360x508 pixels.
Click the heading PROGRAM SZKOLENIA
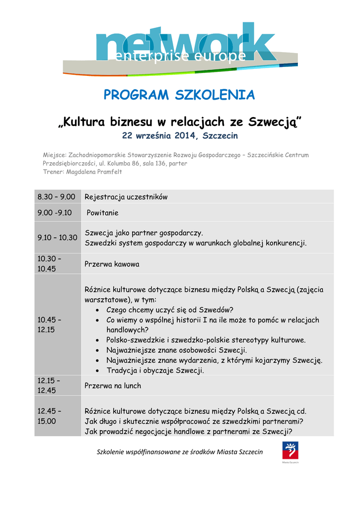pos(179,95)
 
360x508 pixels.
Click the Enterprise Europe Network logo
pos(179,48)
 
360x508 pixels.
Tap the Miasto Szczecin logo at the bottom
pos(290,452)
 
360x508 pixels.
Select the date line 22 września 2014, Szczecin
pos(180,135)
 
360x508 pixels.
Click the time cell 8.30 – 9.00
pos(57,197)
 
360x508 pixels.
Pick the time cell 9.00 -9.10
pos(55,213)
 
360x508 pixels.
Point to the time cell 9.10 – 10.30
pos(58,238)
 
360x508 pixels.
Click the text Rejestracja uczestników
pos(126,197)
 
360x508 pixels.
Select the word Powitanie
pos(103,213)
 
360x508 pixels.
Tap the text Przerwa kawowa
pos(112,264)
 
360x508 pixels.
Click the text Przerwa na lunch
pos(113,385)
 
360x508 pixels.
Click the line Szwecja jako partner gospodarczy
pos(144,233)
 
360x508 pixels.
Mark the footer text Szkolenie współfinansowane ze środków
pos(180,452)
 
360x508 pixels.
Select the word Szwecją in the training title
pos(275,122)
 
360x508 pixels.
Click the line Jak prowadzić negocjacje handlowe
pos(189,431)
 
